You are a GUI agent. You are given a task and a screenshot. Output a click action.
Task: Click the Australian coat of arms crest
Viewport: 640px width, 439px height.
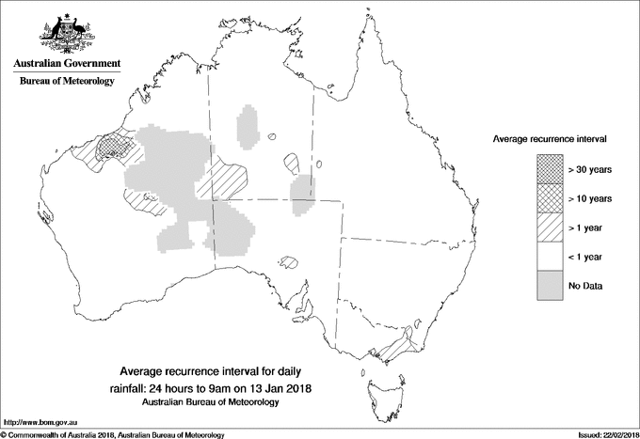[x=65, y=34]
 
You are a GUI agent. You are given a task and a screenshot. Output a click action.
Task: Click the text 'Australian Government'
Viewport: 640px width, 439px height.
[x=66, y=64]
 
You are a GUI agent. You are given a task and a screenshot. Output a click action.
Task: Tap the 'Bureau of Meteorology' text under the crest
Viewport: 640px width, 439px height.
[x=66, y=82]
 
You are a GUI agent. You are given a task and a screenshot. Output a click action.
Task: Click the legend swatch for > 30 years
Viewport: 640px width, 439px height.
[x=551, y=169]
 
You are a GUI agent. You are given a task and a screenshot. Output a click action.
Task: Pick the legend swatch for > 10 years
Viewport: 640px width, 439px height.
[x=551, y=198]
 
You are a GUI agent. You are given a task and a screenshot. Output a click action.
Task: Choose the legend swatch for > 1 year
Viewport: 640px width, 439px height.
[x=551, y=227]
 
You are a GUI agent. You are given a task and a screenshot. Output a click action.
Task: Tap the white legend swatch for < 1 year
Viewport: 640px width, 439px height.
[x=551, y=257]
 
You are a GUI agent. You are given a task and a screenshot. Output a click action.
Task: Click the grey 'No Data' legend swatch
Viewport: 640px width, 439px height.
[x=551, y=286]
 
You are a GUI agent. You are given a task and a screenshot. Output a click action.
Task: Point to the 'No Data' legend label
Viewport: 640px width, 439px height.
[x=585, y=286]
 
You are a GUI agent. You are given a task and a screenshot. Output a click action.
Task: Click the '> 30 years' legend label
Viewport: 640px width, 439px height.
[x=590, y=169]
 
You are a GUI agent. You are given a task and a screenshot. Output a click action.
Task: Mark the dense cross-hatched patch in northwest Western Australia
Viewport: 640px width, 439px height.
[x=117, y=146]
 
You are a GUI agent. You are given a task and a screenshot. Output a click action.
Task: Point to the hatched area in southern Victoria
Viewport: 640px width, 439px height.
[x=397, y=345]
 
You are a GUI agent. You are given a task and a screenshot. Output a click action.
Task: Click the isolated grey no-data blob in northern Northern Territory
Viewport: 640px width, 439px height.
[x=248, y=125]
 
